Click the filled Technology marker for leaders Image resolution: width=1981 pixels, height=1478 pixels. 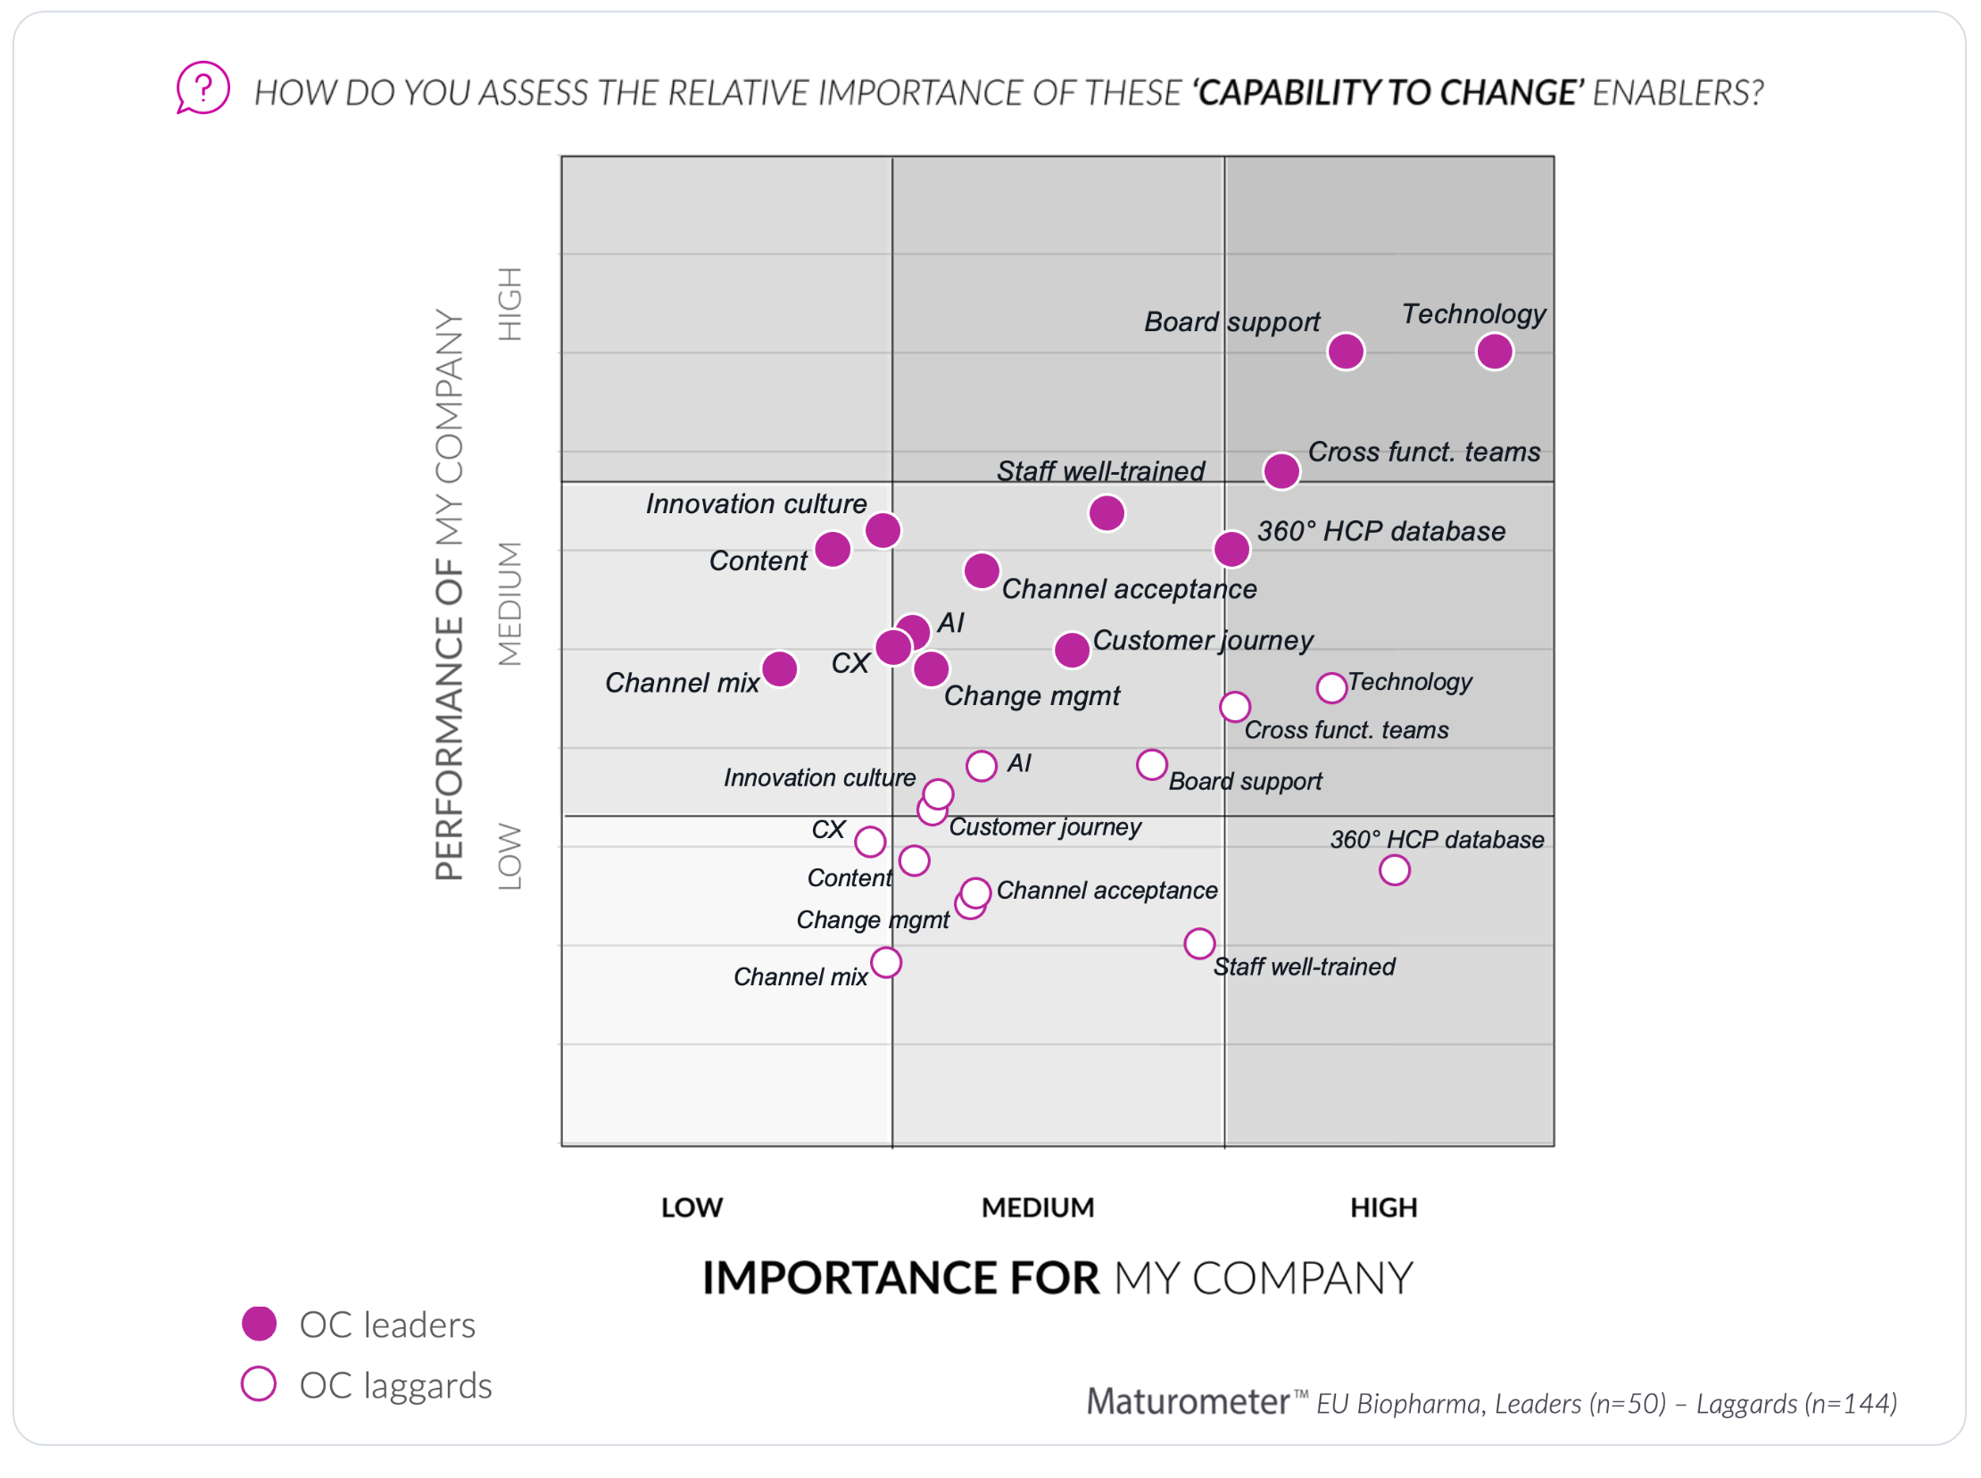(1495, 352)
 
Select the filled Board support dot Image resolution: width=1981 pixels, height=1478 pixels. (1345, 352)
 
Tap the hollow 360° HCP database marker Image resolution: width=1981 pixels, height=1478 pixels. (1395, 869)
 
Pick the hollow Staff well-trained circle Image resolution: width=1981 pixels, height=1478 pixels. (1199, 943)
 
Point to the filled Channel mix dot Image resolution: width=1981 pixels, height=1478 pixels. (779, 668)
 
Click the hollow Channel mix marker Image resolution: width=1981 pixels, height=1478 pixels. (885, 963)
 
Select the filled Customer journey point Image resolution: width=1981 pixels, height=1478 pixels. (1072, 651)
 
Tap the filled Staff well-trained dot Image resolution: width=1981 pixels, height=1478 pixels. (1107, 513)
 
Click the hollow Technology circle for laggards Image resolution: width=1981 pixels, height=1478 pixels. (1331, 688)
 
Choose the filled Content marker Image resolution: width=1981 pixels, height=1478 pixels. (833, 549)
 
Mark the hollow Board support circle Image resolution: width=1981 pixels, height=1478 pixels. (1151, 765)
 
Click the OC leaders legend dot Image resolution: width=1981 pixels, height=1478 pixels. (260, 1324)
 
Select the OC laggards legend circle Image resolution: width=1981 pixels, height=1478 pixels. (259, 1384)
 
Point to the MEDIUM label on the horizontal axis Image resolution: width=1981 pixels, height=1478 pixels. (1038, 1208)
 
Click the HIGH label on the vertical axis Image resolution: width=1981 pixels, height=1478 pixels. (510, 304)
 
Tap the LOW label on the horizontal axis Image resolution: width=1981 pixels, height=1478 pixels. (692, 1208)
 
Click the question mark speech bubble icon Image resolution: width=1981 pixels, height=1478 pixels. (203, 87)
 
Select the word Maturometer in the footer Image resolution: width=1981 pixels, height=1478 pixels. (1187, 1401)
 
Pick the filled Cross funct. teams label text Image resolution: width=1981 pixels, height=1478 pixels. (1424, 452)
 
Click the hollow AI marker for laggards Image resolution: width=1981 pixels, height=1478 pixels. (981, 766)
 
